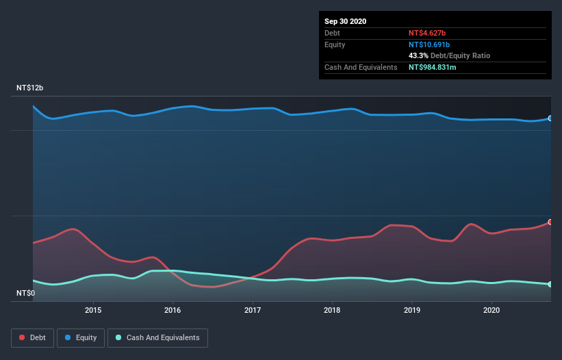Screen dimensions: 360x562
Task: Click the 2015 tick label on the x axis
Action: pyautogui.click(x=93, y=310)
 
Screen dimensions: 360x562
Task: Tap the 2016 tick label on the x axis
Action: pyautogui.click(x=173, y=310)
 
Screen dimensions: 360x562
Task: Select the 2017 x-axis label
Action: pyautogui.click(x=253, y=310)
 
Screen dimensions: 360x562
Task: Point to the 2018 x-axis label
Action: pyautogui.click(x=332, y=310)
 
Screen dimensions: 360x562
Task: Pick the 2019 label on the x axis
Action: pyautogui.click(x=411, y=310)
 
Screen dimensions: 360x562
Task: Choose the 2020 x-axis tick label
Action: pyautogui.click(x=491, y=310)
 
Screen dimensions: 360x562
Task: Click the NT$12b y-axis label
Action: pyautogui.click(x=29, y=88)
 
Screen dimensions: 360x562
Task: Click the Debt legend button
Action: pyautogui.click(x=33, y=337)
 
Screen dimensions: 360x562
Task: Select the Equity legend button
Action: pyautogui.click(x=81, y=337)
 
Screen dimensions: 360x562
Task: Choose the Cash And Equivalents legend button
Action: pyautogui.click(x=157, y=337)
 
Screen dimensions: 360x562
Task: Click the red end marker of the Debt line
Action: pyautogui.click(x=550, y=222)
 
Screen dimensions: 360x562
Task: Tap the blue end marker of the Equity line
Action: pyautogui.click(x=550, y=118)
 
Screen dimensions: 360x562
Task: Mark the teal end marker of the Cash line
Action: pyautogui.click(x=550, y=284)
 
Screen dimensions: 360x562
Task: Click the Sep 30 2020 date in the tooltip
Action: pyautogui.click(x=345, y=21)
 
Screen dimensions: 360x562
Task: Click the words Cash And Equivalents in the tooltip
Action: pyautogui.click(x=361, y=67)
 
